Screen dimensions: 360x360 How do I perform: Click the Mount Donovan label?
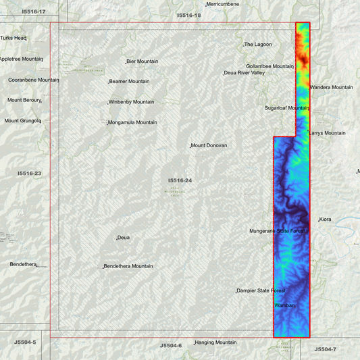tap(209, 146)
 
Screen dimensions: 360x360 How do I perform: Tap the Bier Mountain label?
tap(143, 61)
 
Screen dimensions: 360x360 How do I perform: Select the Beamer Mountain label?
tap(130, 82)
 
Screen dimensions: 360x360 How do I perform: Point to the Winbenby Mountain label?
tap(132, 102)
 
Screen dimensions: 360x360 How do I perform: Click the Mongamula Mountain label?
tap(133, 122)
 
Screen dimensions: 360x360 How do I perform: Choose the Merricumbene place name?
tap(223, 4)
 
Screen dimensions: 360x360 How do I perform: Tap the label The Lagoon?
tap(258, 45)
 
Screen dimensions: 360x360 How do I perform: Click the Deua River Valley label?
tap(245, 73)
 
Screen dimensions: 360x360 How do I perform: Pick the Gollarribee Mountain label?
tap(269, 66)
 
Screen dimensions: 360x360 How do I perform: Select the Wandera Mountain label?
tap(332, 87)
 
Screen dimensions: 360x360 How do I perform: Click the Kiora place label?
tap(326, 220)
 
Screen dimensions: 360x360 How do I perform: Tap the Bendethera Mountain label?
tap(128, 266)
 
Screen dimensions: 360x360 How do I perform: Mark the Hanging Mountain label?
tap(216, 342)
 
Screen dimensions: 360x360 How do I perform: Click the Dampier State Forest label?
tap(261, 291)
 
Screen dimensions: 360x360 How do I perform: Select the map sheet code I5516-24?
tap(180, 180)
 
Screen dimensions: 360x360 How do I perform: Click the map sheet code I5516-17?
tap(33, 11)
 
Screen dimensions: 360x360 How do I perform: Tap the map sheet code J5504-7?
tap(325, 349)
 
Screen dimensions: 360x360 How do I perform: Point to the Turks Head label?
tap(13, 38)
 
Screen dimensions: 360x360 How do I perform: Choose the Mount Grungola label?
tap(22, 121)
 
